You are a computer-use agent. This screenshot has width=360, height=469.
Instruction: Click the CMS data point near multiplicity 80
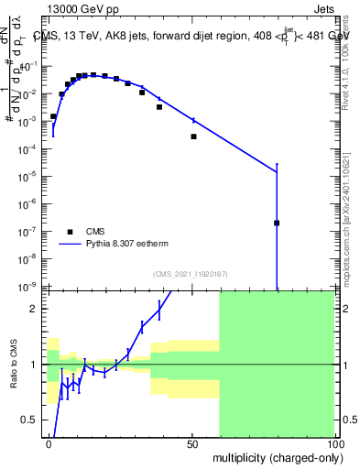(277, 223)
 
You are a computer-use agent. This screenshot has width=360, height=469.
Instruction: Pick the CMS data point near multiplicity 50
(193, 136)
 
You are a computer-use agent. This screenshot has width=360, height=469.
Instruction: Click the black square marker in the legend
(71, 232)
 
